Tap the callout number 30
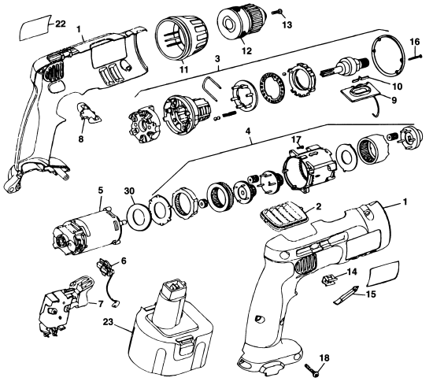pyautogui.click(x=128, y=190)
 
